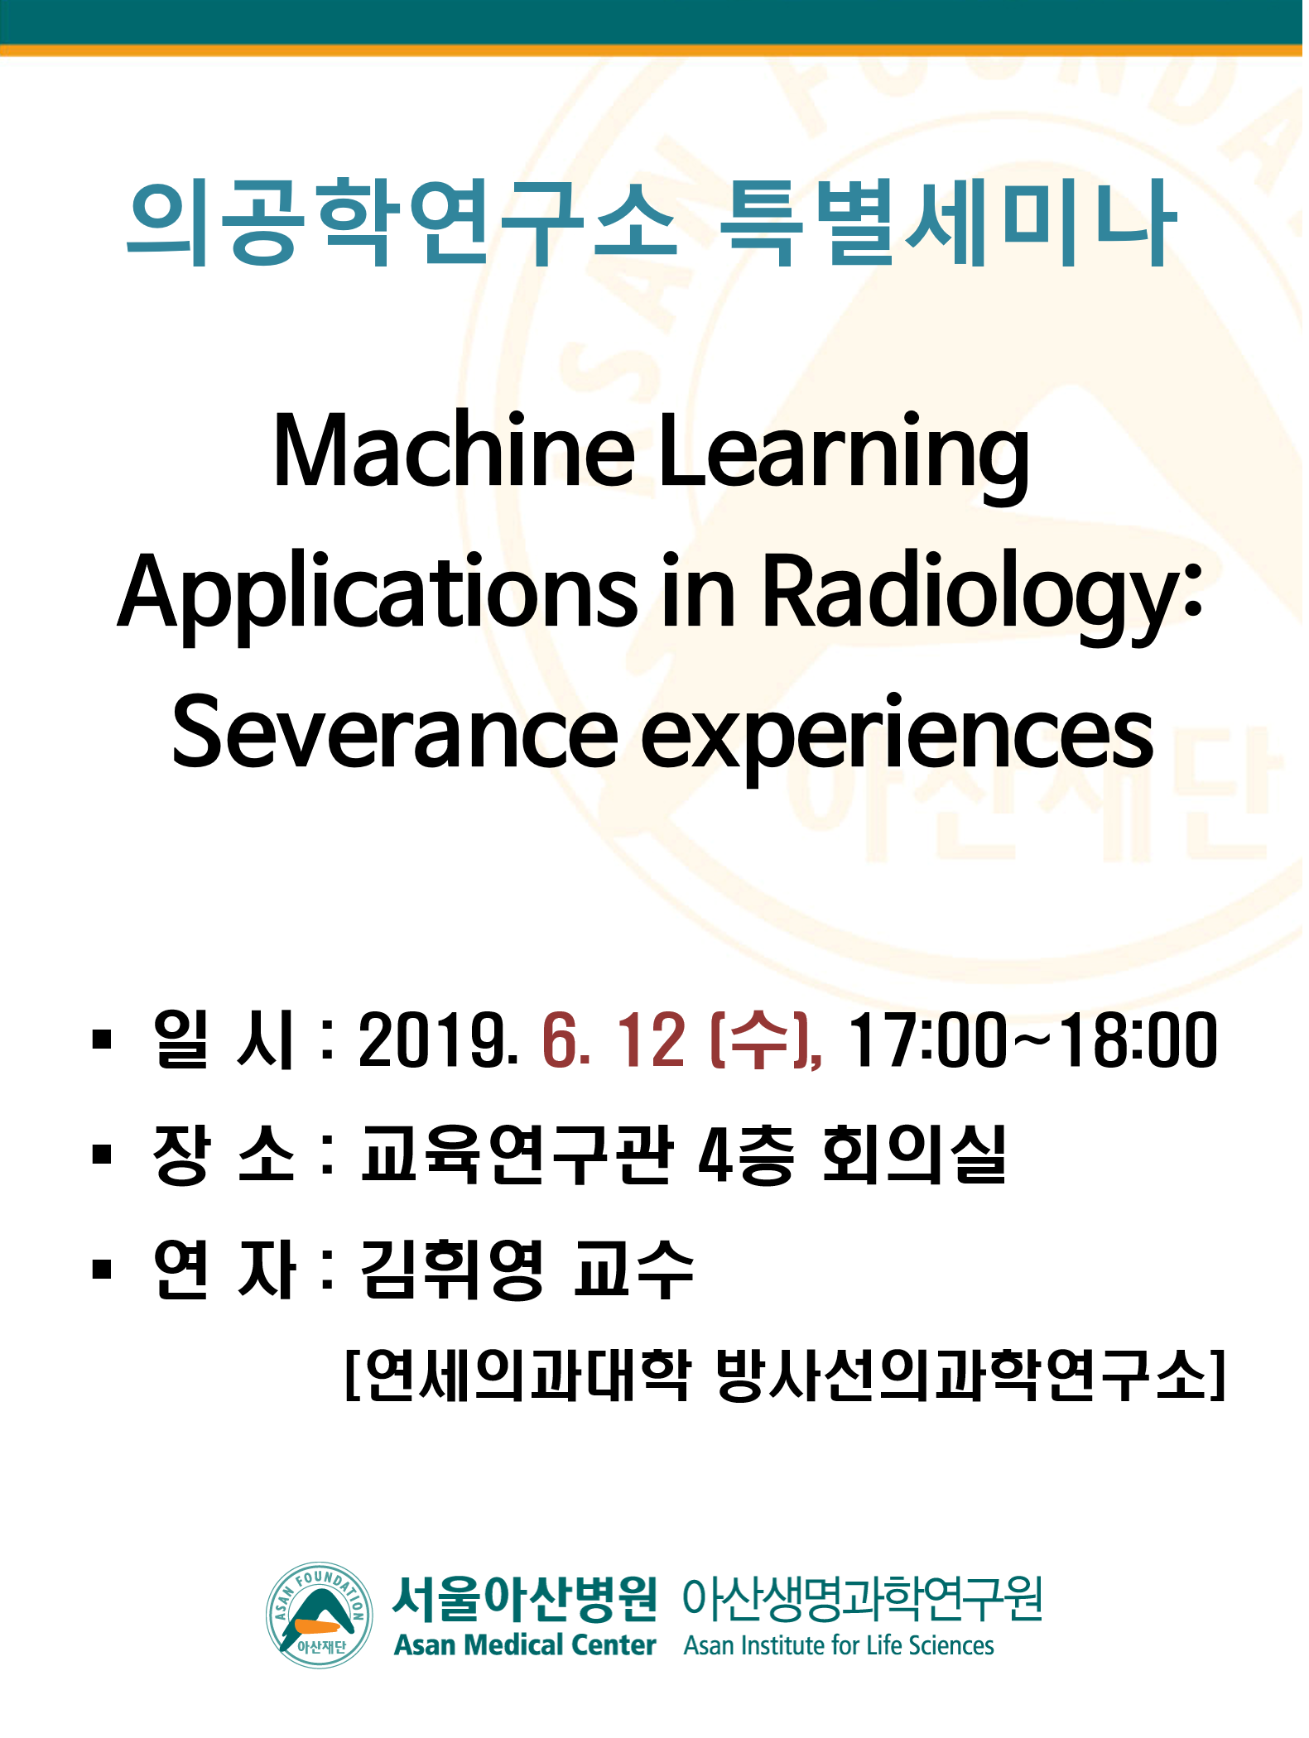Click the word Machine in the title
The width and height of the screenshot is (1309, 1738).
pyautogui.click(x=454, y=450)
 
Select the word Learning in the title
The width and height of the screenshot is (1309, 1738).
pyautogui.click(x=845, y=458)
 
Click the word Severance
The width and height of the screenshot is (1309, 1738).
pyautogui.click(x=395, y=733)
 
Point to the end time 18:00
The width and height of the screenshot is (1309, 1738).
pyautogui.click(x=1138, y=1040)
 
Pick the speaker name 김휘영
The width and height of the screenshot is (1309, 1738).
pyautogui.click(x=452, y=1270)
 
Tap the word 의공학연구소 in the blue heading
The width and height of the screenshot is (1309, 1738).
pyautogui.click(x=401, y=223)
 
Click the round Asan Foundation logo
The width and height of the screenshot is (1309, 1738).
pyautogui.click(x=320, y=1615)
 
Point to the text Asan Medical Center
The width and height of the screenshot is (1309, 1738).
pyautogui.click(x=525, y=1644)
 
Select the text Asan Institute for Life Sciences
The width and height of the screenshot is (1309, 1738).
pyautogui.click(x=839, y=1645)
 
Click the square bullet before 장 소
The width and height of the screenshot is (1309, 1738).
pyautogui.click(x=102, y=1154)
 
